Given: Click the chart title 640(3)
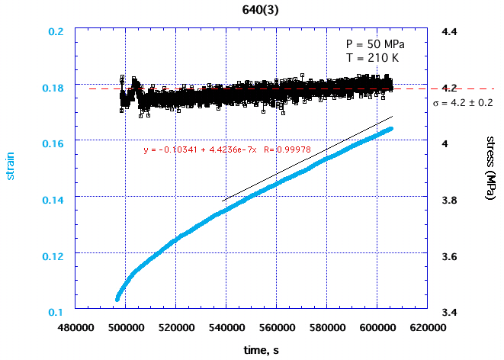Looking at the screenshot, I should click(252, 11).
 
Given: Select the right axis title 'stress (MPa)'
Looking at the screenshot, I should click(491, 169).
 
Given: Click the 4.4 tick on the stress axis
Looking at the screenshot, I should click(446, 32).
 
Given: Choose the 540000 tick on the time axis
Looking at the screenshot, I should click(226, 326).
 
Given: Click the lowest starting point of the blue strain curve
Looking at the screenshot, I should click(117, 298).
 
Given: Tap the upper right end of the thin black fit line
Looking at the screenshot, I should click(392, 117).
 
